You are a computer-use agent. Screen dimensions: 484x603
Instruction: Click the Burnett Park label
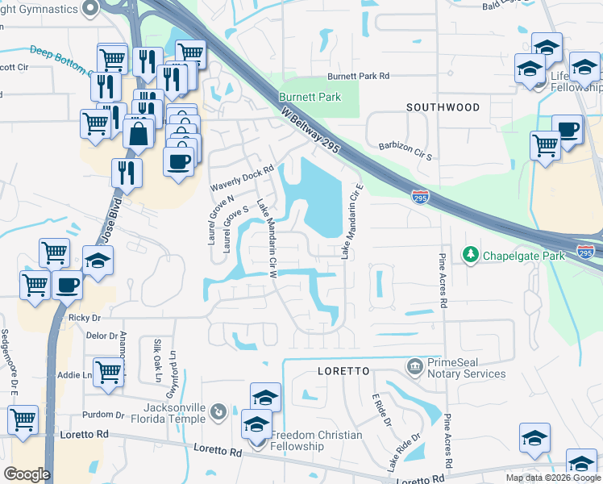(x=310, y=97)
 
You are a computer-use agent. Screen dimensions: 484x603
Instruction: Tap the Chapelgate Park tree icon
(x=470, y=256)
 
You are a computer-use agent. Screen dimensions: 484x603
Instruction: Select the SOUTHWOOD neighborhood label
(x=443, y=107)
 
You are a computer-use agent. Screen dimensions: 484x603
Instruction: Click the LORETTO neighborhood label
(x=342, y=371)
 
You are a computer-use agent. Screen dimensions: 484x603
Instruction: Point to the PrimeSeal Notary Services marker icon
(x=414, y=367)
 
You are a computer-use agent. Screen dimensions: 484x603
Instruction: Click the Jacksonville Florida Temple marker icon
(x=218, y=414)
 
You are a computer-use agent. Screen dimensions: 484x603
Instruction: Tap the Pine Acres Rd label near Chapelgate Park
(x=442, y=281)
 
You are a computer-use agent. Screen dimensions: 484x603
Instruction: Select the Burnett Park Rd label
(x=358, y=77)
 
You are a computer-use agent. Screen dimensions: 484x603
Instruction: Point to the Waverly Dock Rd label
(x=243, y=178)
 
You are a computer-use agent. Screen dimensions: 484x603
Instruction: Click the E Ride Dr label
(x=381, y=411)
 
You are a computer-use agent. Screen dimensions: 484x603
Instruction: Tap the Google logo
(x=27, y=474)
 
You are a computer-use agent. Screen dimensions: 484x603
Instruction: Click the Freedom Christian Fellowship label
(x=316, y=441)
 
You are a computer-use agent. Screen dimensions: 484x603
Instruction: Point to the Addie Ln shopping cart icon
(x=108, y=371)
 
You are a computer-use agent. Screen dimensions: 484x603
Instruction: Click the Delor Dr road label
(x=102, y=336)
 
